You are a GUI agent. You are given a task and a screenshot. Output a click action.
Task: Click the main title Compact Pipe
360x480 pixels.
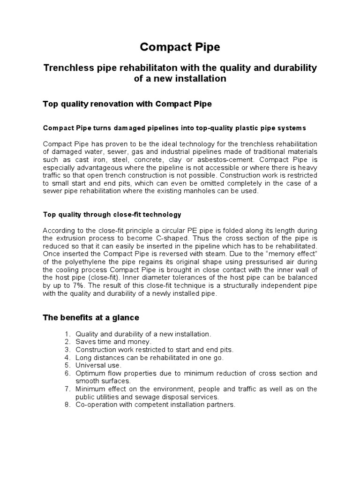coord(180,48)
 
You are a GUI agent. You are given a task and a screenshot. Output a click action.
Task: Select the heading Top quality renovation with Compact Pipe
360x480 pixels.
coord(127,104)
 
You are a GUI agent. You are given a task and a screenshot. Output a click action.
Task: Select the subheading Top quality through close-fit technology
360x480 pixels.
coord(112,215)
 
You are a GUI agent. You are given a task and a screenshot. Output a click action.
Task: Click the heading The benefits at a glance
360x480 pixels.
coord(91,318)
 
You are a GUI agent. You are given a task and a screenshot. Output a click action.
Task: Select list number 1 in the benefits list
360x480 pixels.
coord(67,334)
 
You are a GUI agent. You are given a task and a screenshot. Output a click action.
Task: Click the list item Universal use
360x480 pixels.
coord(99,365)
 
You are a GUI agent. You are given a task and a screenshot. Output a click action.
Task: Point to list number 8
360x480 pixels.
coord(67,405)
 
